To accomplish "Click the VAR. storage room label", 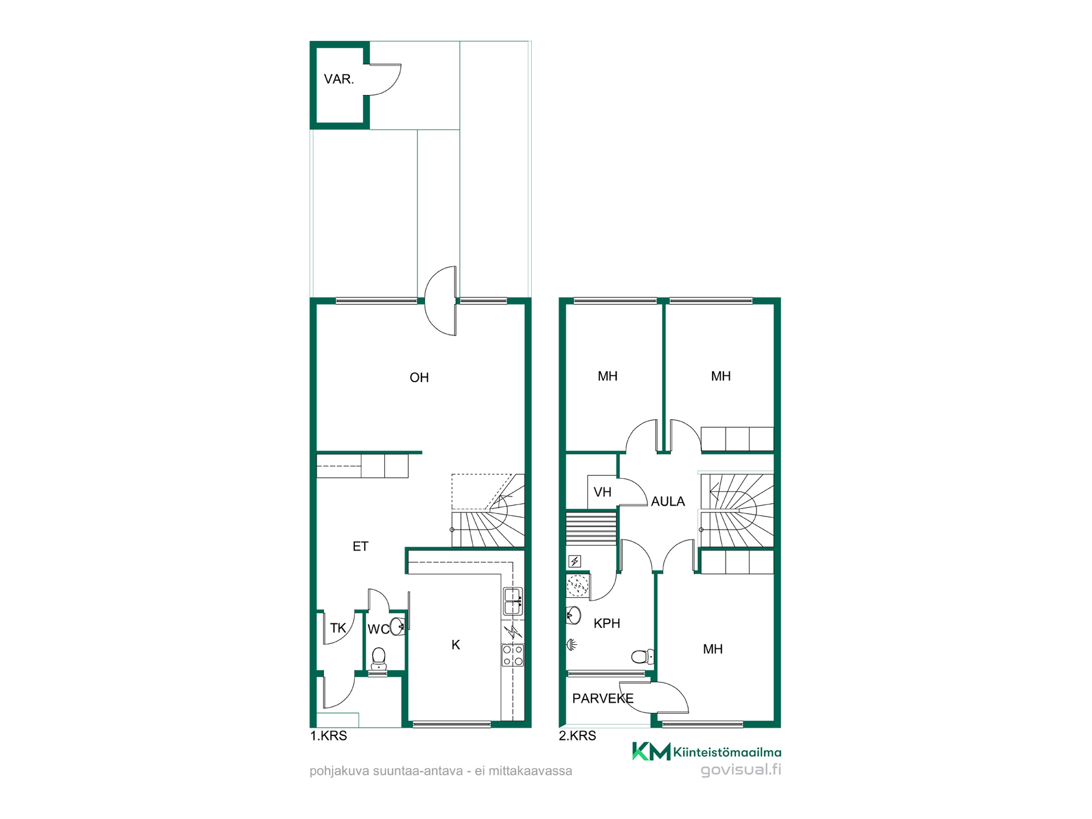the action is tap(339, 79).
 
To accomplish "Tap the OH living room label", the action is tap(419, 378).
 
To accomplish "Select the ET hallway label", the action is tap(361, 547).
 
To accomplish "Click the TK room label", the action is tap(338, 628).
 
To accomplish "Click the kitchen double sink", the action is tap(512, 601).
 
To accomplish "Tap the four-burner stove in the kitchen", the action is tap(512, 655).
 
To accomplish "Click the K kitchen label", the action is tap(456, 645).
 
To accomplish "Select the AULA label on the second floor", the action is tap(668, 502).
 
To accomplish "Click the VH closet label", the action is tap(602, 492).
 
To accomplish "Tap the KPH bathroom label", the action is tap(607, 623).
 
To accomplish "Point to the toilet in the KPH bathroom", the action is tap(643, 657).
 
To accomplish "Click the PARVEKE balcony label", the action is tap(603, 698).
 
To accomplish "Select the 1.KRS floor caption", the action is tap(328, 736).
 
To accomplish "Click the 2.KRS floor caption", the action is tap(577, 736).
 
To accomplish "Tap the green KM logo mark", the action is tap(652, 751).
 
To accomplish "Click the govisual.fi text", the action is tap(741, 770).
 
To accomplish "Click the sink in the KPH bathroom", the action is tap(574, 615).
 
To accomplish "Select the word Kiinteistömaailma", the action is tap(727, 752).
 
